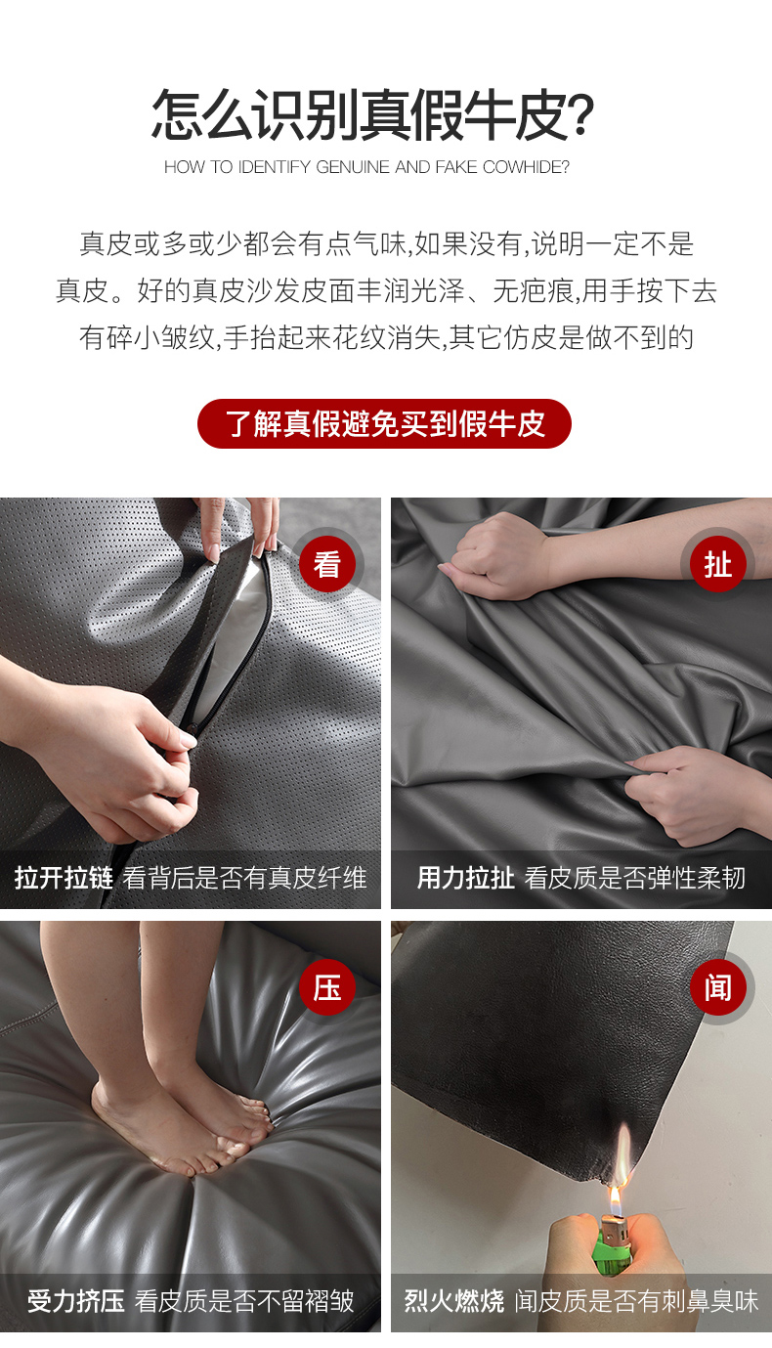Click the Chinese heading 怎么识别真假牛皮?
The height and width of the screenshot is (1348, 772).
[x=373, y=114]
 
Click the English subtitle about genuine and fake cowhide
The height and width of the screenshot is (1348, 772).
[x=366, y=167]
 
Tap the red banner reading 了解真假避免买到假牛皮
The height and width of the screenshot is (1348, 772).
[x=384, y=423]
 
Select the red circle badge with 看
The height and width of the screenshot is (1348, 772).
[x=327, y=564]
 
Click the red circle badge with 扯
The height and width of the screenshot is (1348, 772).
[x=718, y=564]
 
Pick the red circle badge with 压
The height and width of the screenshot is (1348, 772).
[x=327, y=987]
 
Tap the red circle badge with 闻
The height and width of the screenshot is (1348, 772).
[x=718, y=987]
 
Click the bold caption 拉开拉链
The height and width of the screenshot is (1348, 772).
[x=64, y=878]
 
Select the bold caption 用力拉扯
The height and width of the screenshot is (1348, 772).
[x=466, y=878]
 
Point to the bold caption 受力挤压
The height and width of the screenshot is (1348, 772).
[x=76, y=1300]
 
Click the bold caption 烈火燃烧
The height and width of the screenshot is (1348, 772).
[x=454, y=1300]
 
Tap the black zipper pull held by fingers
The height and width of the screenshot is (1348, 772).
[x=191, y=729]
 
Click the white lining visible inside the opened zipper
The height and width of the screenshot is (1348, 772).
[x=232, y=631]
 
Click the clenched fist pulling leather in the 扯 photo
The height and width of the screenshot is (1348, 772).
[x=499, y=556]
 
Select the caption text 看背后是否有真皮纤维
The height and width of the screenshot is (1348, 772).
[x=245, y=878]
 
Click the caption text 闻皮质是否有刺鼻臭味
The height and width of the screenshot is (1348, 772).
[x=636, y=1300]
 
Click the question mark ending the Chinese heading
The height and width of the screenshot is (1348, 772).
[x=580, y=114]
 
